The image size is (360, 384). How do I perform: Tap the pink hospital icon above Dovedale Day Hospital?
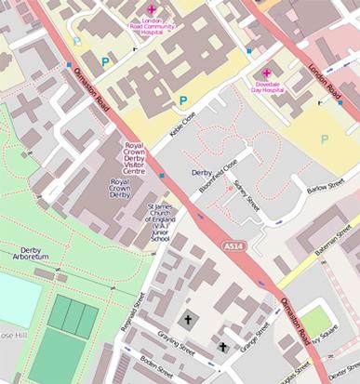coord(267,73)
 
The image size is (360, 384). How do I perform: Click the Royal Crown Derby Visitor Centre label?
coord(136,158)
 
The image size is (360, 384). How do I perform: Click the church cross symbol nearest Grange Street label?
coord(222,346)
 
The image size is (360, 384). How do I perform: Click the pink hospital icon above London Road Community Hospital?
coord(153,8)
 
